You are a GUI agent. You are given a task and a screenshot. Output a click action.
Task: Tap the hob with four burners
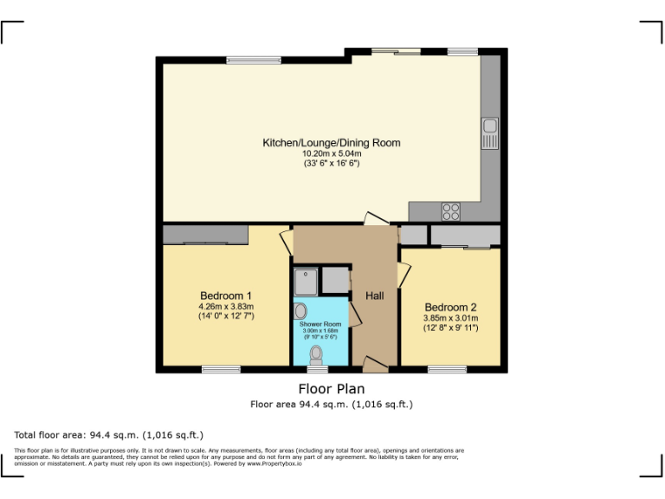click(x=451, y=211)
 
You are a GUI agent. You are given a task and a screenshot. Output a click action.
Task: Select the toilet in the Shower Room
click(x=317, y=353)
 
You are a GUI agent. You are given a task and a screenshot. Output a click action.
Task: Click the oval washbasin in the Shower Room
click(x=300, y=310)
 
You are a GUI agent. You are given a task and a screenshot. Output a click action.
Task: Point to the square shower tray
click(x=306, y=281)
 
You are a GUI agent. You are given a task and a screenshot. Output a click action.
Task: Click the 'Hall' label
click(x=374, y=296)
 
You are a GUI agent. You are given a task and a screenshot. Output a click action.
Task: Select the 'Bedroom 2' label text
click(x=450, y=307)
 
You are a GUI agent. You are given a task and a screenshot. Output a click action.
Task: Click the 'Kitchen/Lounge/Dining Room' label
click(x=332, y=143)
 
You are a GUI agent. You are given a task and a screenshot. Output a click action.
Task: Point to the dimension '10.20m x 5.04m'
click(x=332, y=153)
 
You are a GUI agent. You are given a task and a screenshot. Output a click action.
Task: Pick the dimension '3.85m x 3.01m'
click(x=450, y=317)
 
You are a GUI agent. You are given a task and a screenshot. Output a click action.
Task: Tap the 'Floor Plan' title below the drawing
click(x=332, y=389)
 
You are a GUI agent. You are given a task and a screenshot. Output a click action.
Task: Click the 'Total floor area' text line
click(x=109, y=434)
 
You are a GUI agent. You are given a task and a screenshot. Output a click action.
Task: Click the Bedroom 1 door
click(x=286, y=241)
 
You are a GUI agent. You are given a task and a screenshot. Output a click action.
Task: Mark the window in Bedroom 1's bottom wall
click(x=221, y=369)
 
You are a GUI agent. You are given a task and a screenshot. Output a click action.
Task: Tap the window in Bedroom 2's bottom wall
click(x=447, y=369)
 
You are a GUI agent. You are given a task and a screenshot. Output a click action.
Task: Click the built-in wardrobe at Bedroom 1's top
click(x=205, y=235)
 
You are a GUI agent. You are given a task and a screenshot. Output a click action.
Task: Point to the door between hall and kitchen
click(x=375, y=220)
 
